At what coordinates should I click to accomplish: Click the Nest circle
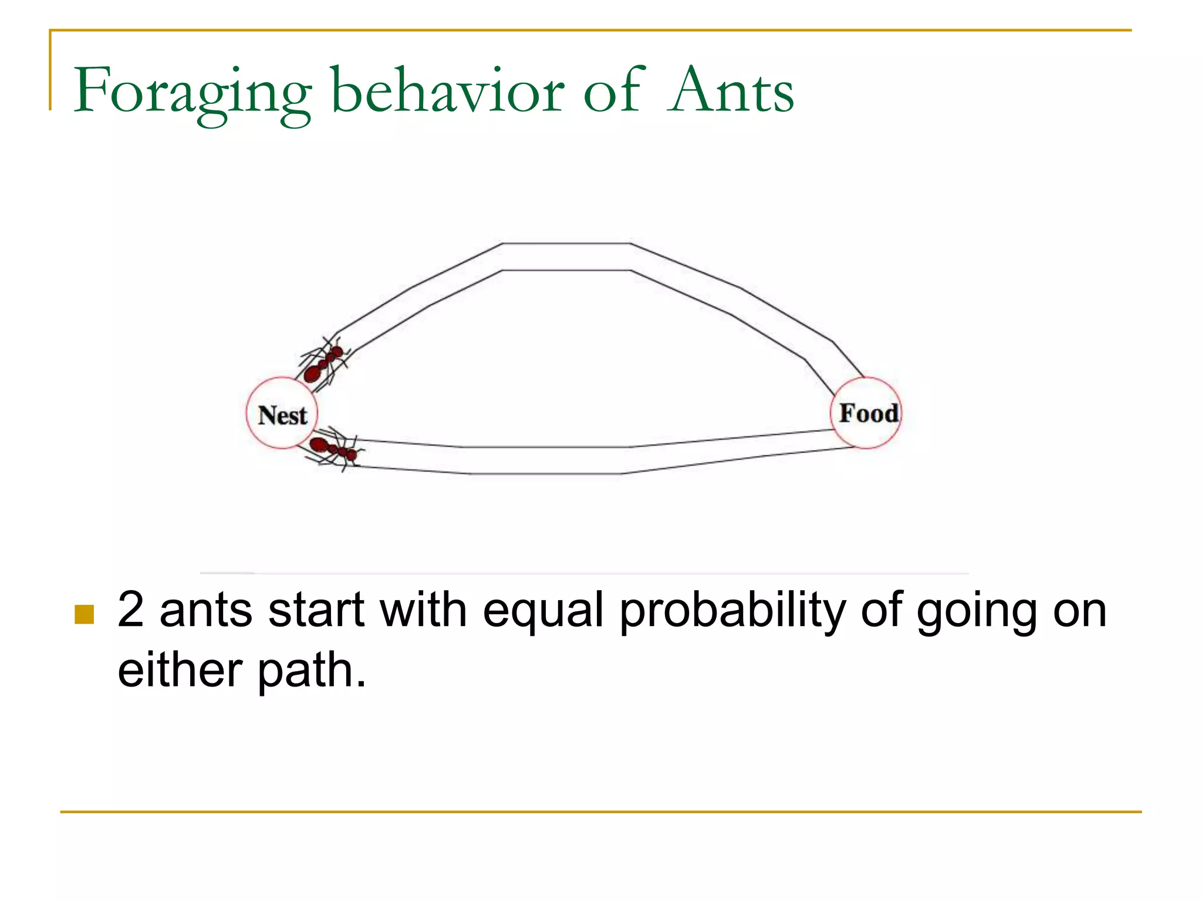[282, 413]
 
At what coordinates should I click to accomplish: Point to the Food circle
[866, 413]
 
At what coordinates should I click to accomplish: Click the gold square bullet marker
[85, 614]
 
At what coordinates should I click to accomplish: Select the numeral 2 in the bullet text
[130, 611]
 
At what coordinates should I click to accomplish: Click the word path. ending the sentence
[312, 672]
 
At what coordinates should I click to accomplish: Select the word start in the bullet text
[316, 611]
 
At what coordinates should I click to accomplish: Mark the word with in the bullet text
[423, 611]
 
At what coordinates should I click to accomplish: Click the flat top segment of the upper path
[566, 257]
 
